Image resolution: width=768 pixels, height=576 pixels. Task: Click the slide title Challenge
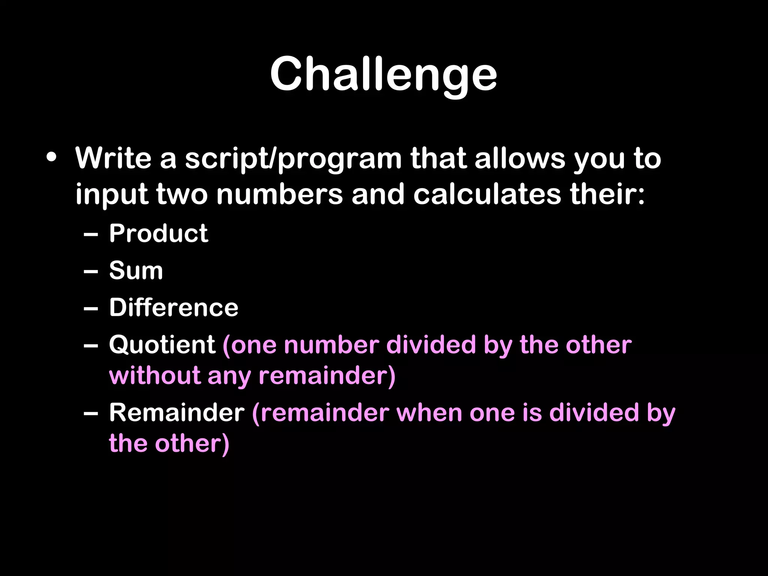pyautogui.click(x=383, y=74)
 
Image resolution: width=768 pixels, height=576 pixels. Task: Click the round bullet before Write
pyautogui.click(x=51, y=157)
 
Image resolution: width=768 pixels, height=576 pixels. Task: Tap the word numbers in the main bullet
pyautogui.click(x=279, y=194)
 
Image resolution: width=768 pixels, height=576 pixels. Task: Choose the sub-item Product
pyautogui.click(x=158, y=233)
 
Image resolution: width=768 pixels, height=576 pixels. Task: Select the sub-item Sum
pyautogui.click(x=136, y=270)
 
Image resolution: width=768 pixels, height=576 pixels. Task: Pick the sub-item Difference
pyautogui.click(x=174, y=307)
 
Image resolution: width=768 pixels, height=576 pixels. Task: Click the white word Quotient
pyautogui.click(x=162, y=345)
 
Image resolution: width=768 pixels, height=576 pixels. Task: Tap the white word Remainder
pyautogui.click(x=177, y=412)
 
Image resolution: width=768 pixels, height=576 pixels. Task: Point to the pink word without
pyautogui.click(x=154, y=375)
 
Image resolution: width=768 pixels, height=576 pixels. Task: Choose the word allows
pyautogui.click(x=520, y=158)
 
